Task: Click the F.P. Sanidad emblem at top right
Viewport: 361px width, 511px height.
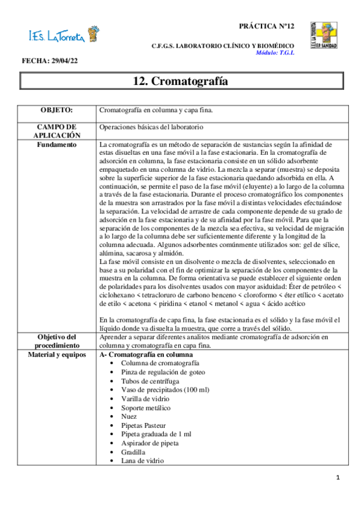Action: tap(324, 34)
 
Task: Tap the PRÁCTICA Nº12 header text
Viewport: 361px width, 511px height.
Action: tap(266, 27)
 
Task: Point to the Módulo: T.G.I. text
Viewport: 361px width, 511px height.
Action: tap(275, 52)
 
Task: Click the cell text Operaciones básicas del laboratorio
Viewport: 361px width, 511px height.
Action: tap(151, 127)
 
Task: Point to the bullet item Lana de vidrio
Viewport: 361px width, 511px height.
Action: tap(142, 460)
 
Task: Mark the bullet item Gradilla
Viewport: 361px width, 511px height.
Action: tap(133, 451)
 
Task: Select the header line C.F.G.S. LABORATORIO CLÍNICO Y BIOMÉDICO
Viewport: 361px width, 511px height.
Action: tap(223, 46)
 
